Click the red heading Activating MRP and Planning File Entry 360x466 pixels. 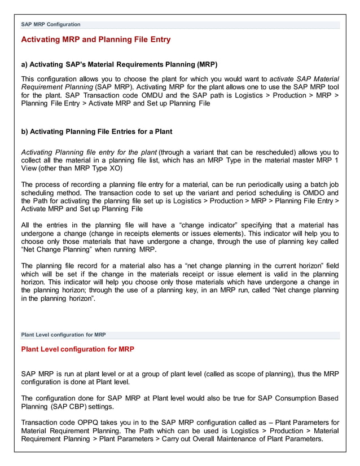click(95, 39)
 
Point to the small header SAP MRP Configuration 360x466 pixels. click(51, 25)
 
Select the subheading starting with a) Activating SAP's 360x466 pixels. click(119, 64)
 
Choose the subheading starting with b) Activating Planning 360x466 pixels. click(96, 131)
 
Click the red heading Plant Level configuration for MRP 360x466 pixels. click(77, 349)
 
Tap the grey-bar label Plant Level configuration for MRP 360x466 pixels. click(63, 335)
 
